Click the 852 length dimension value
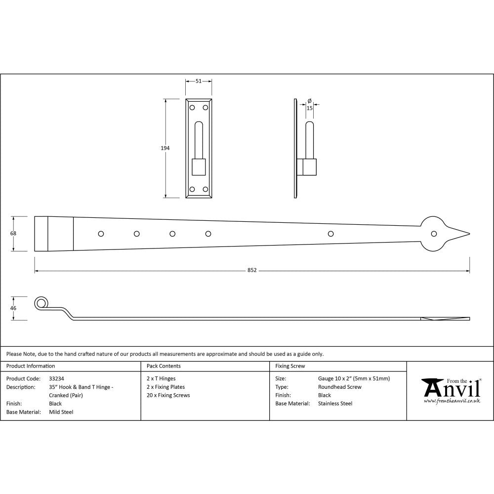click(x=252, y=271)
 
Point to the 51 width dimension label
click(x=199, y=81)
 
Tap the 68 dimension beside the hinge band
click(x=13, y=233)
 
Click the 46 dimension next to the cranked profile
click(x=13, y=308)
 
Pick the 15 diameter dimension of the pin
click(x=309, y=107)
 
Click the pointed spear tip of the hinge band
click(x=467, y=234)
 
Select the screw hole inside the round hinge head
click(x=434, y=234)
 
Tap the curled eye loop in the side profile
click(x=41, y=303)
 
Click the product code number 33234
click(x=57, y=378)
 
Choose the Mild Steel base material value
click(x=61, y=412)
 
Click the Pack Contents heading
click(x=164, y=366)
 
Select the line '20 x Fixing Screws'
click(x=168, y=395)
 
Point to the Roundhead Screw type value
click(x=339, y=387)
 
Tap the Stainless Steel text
click(x=335, y=404)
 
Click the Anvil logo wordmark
click(x=452, y=388)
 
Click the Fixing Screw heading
click(x=290, y=366)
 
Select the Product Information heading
click(x=31, y=366)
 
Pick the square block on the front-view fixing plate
click(x=199, y=166)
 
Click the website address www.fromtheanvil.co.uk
click(x=452, y=401)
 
